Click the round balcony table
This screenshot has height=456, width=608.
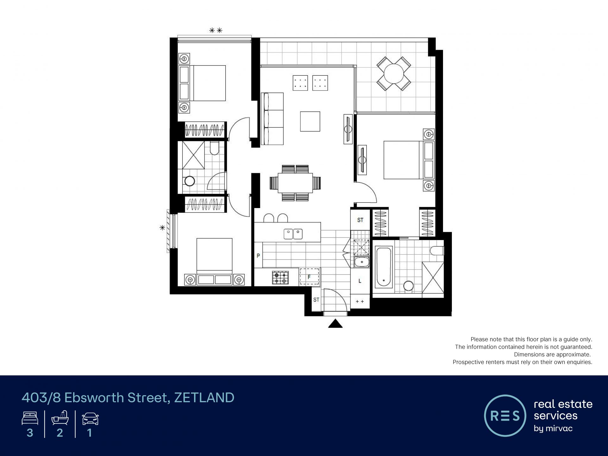[394, 74]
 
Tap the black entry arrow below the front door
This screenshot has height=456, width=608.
[335, 324]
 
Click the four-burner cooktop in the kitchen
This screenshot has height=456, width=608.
[280, 277]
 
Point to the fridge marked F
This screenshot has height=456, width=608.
[309, 276]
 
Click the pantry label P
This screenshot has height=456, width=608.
[258, 256]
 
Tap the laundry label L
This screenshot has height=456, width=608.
[360, 281]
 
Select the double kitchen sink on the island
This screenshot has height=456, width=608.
[293, 234]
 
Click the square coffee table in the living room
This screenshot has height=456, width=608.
[310, 121]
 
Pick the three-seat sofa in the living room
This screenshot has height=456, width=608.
[272, 119]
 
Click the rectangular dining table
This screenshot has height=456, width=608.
[295, 183]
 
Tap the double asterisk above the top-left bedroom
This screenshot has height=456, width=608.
[216, 30]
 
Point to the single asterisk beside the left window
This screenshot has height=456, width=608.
[162, 227]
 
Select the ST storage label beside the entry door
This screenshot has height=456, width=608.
[316, 300]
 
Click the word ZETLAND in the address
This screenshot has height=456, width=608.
[204, 398]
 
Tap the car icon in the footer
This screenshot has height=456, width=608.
[90, 419]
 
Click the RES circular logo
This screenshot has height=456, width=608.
[505, 415]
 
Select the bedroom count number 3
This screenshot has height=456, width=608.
[30, 433]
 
